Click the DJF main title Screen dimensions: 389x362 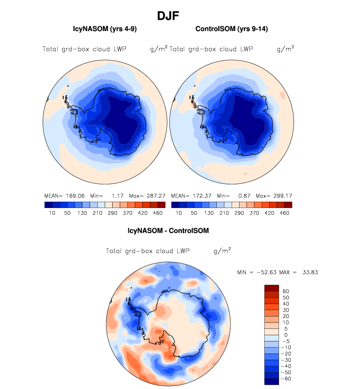coord(167,16)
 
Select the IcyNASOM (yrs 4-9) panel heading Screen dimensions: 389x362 coord(105,29)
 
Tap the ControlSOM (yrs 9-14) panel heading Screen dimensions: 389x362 coord(232,29)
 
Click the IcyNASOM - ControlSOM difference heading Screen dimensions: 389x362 coord(168,230)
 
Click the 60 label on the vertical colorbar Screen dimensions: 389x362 coord(285,291)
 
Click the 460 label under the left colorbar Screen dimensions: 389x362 coord(158,213)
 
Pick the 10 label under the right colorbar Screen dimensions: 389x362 coord(179,213)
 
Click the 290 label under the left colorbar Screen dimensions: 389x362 coord(113,213)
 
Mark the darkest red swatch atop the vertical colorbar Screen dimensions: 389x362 coord(272,288)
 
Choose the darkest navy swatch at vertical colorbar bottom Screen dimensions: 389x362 coord(272,381)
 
